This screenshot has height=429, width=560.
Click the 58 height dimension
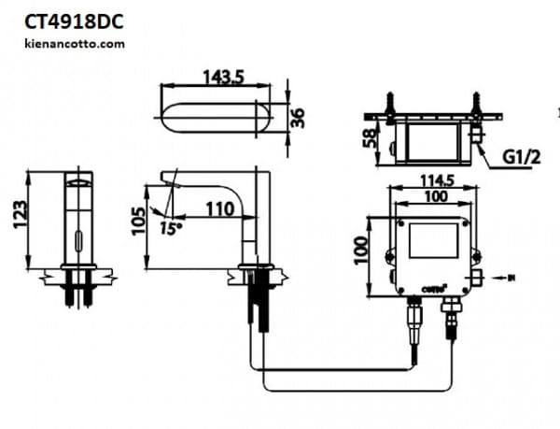click(x=371, y=139)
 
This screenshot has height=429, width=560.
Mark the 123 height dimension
click(x=17, y=217)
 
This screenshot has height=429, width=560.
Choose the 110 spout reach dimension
click(x=219, y=209)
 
